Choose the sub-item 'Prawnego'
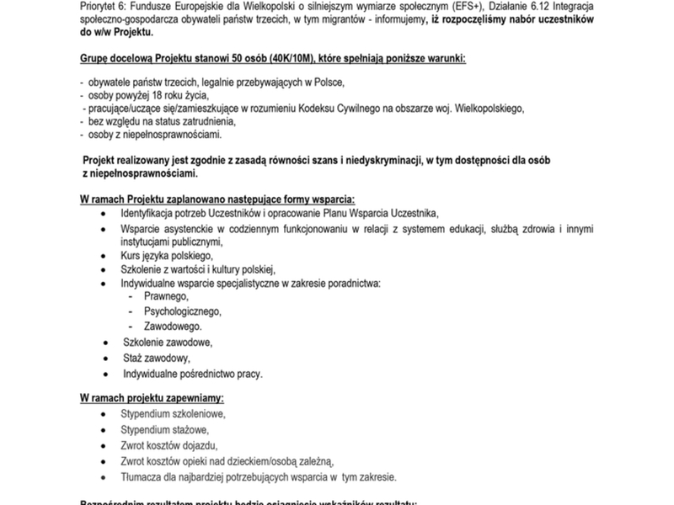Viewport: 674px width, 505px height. pos(167,297)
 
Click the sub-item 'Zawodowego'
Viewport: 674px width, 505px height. pos(173,326)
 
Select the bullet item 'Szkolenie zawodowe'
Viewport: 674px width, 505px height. pos(167,343)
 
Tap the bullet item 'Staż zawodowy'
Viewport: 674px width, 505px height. pos(155,358)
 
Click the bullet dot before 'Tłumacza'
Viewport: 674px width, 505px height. pos(103,476)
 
